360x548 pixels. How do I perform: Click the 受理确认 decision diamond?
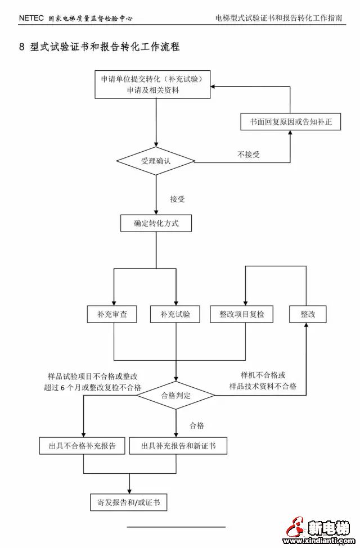click(x=156, y=161)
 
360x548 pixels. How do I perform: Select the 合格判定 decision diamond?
click(x=176, y=396)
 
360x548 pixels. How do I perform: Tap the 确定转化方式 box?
click(x=156, y=223)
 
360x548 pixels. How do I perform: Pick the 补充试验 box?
click(x=175, y=314)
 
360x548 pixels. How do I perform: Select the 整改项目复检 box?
click(x=245, y=314)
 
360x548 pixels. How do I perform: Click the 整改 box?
click(x=308, y=314)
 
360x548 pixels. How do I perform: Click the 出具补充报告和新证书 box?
click(x=177, y=446)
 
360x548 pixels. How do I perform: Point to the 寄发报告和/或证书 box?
click(x=129, y=502)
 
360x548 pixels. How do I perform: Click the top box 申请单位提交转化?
click(x=156, y=84)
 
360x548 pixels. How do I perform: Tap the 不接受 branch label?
click(x=249, y=154)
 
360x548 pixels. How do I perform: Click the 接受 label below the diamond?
click(x=177, y=198)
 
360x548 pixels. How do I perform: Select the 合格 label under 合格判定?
click(x=197, y=425)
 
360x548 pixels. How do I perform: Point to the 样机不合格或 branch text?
click(x=263, y=375)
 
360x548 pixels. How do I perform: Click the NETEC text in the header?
click(x=30, y=18)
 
